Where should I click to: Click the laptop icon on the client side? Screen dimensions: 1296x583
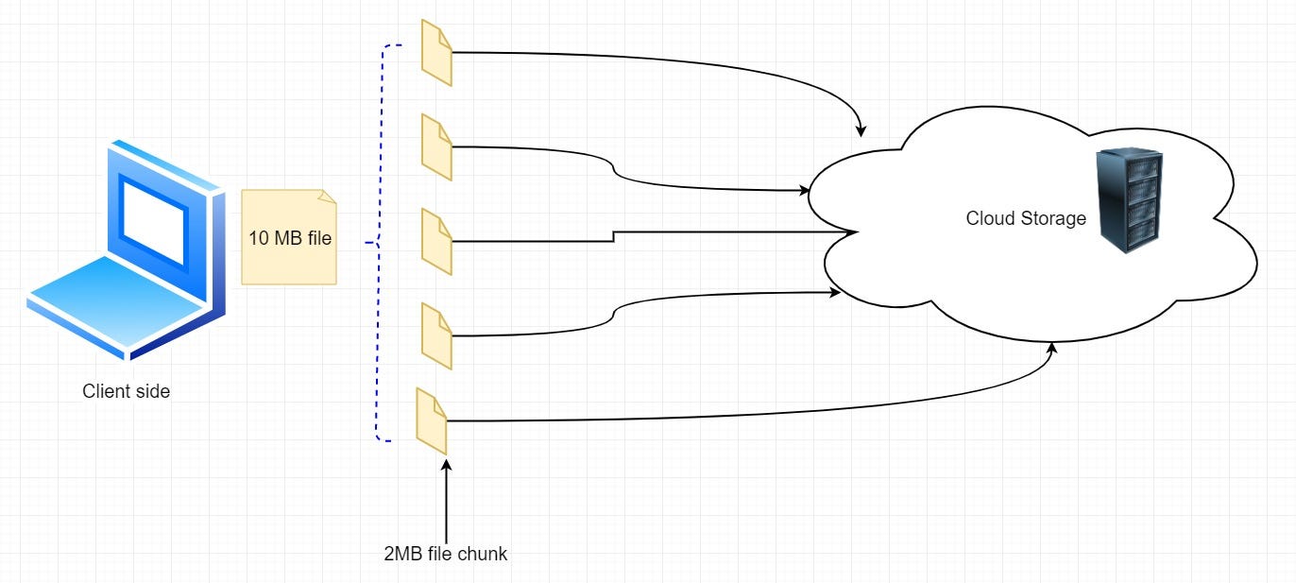(127, 249)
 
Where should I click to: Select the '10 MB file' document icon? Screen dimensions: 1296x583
(289, 237)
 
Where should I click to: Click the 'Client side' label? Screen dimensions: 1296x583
(127, 391)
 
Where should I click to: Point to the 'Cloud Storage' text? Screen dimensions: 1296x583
(1026, 218)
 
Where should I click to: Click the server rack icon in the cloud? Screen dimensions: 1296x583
(1130, 200)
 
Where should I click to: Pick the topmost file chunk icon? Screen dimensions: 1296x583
(436, 53)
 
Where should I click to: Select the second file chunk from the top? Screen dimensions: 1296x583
(436, 147)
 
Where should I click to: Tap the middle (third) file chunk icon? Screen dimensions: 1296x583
(436, 242)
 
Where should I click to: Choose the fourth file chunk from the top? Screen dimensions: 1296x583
(436, 335)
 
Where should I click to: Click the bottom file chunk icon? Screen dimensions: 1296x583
(432, 421)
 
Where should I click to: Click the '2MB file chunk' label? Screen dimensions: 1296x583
(446, 554)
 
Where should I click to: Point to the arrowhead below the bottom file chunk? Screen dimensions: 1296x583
(446, 467)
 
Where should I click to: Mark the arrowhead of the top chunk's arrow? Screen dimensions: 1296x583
(861, 130)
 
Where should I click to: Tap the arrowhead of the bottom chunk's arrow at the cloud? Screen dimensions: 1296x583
(1052, 349)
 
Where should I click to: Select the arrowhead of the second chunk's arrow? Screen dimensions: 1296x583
(804, 190)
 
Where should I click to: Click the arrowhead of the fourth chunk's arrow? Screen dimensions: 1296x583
(834, 293)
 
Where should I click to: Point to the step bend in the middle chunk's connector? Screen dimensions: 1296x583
(614, 236)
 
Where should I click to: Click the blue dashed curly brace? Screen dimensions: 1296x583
(379, 243)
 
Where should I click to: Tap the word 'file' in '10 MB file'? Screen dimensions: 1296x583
(318, 238)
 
